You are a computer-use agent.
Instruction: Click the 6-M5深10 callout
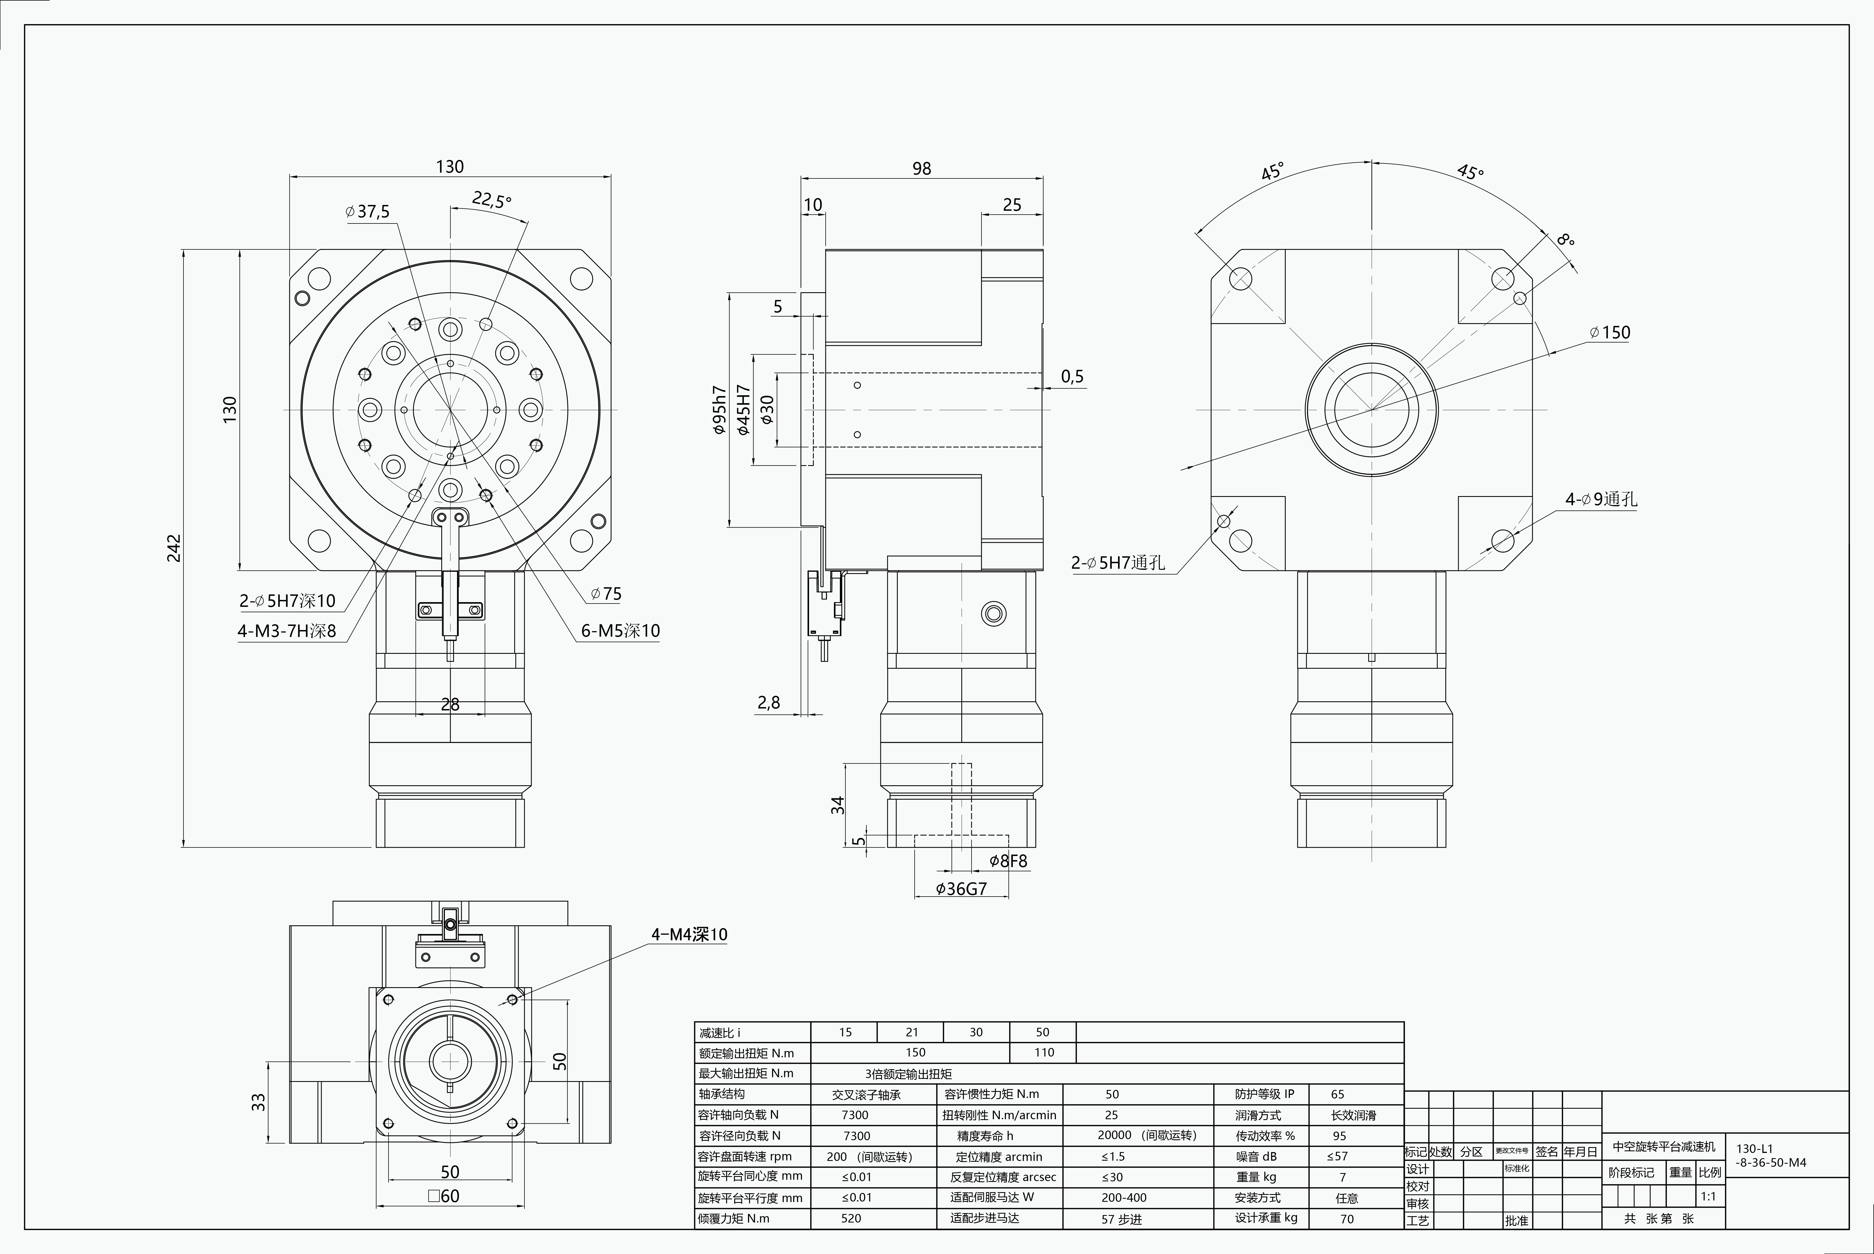pos(621,631)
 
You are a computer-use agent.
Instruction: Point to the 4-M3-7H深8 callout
pos(286,631)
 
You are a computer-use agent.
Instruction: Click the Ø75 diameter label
pos(606,593)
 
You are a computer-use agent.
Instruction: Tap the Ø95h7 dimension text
pos(719,409)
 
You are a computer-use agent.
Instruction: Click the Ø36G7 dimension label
pos(961,889)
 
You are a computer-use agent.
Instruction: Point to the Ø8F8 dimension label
pos(1008,861)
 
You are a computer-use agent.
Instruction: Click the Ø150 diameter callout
pos(1610,333)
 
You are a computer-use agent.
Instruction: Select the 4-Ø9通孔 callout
pos(1601,499)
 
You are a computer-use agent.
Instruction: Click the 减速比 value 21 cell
pos(912,1032)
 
